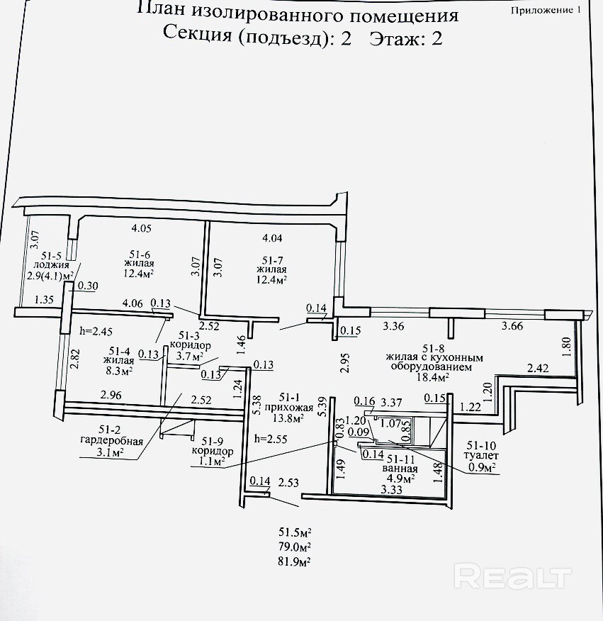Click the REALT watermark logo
512,575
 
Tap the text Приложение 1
544,11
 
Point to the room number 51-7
272,259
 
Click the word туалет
483,457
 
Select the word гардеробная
112,440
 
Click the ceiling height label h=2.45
97,331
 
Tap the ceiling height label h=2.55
271,437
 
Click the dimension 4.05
142,228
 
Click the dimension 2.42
539,368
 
